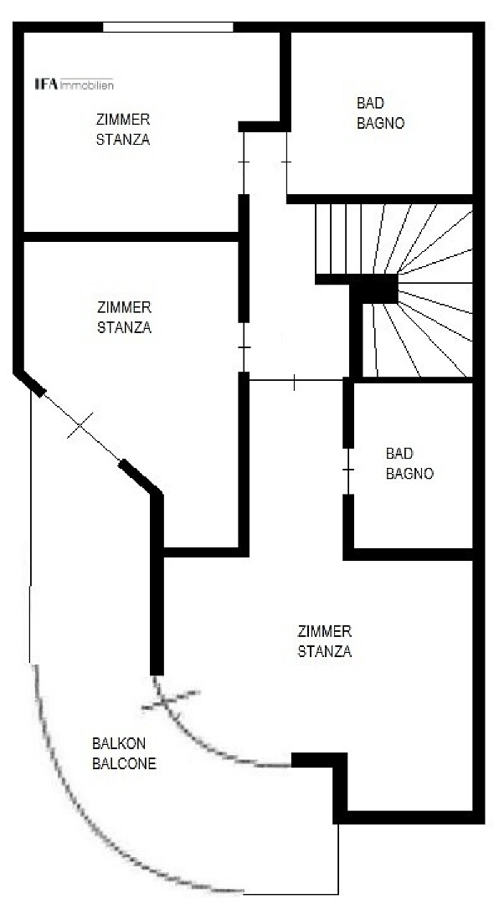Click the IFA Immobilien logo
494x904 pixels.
pyautogui.click(x=75, y=85)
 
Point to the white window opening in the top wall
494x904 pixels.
pyautogui.click(x=167, y=27)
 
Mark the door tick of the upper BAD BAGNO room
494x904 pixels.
pyautogui.click(x=286, y=162)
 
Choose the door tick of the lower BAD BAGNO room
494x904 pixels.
pyautogui.click(x=347, y=470)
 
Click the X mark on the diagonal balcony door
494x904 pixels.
pyautogui.click(x=80, y=425)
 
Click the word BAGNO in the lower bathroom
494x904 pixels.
pyautogui.click(x=409, y=474)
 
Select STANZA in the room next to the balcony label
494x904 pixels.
pyautogui.click(x=325, y=652)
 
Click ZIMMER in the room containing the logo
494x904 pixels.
pyautogui.click(x=123, y=120)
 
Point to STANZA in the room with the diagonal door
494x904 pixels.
pyautogui.click(x=124, y=327)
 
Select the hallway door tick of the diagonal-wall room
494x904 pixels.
pyautogui.click(x=244, y=347)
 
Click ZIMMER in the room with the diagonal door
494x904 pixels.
pyautogui.click(x=124, y=307)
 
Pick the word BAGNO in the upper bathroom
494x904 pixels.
pyautogui.click(x=381, y=123)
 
